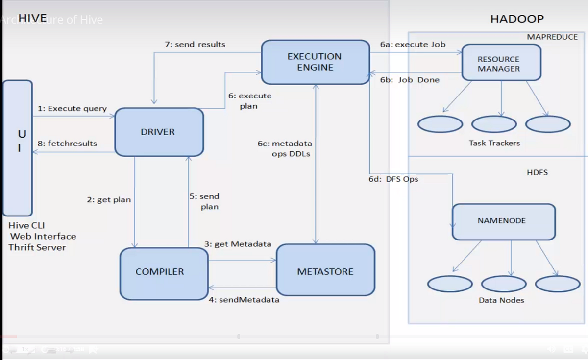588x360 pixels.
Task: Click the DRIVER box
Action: click(159, 132)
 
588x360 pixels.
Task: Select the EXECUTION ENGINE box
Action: click(315, 62)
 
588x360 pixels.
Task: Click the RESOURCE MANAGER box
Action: click(501, 63)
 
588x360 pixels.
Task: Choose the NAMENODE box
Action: click(503, 221)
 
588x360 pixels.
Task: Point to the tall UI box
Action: click(18, 148)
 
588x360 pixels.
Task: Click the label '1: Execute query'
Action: click(72, 109)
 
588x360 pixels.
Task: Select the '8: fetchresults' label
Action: click(67, 144)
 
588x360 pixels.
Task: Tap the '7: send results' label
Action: click(195, 44)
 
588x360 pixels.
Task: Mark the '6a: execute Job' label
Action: click(413, 44)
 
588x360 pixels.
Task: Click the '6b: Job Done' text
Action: click(410, 80)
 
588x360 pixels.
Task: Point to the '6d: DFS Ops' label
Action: click(393, 179)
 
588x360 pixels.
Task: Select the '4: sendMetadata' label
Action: click(244, 300)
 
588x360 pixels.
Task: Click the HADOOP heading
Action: click(517, 19)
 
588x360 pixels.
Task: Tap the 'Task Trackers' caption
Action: click(494, 143)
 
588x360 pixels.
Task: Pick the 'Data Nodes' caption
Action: click(501, 300)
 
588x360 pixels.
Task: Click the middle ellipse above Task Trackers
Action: click(494, 124)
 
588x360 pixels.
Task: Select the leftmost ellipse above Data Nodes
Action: click(449, 284)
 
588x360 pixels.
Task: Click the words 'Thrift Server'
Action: click(37, 247)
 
